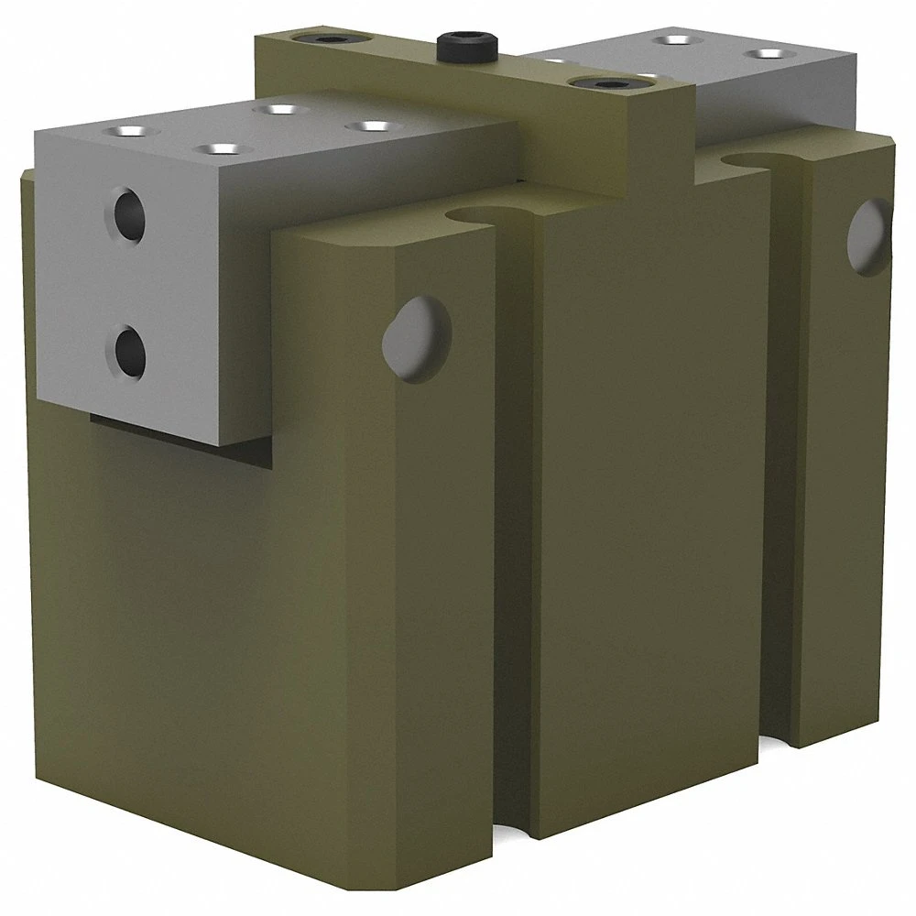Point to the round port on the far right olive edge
pyautogui.click(x=870, y=235)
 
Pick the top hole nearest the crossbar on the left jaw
pyautogui.click(x=370, y=125)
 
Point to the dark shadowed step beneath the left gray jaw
pyautogui.click(x=183, y=431)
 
